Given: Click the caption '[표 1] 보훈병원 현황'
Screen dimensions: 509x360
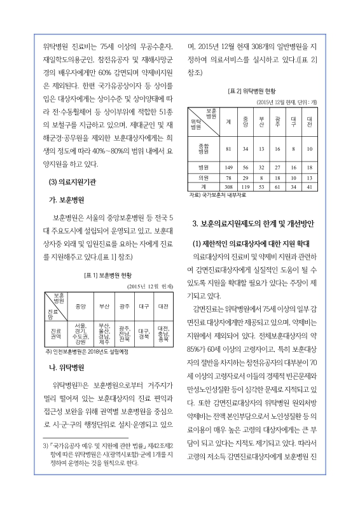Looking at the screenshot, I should click(107, 275).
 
